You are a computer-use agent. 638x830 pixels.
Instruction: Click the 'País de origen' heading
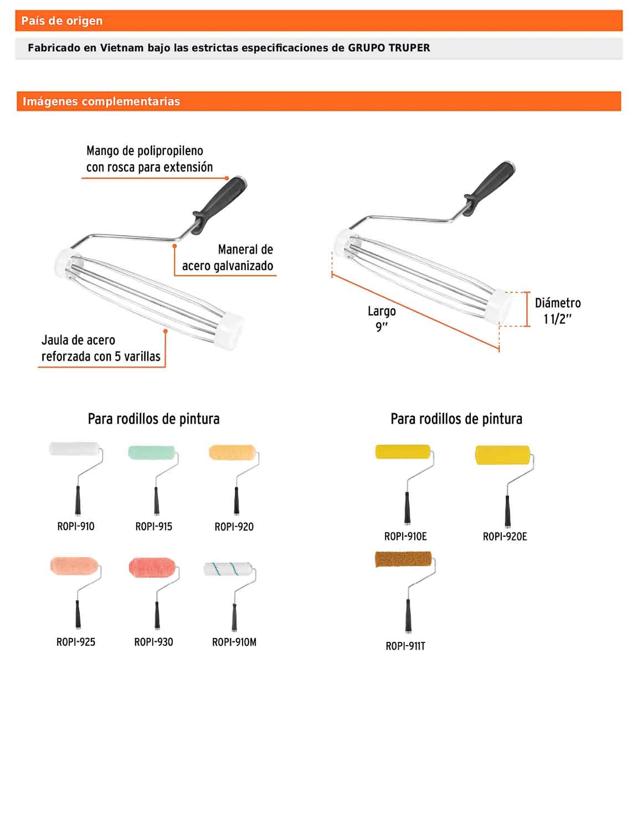[62, 20]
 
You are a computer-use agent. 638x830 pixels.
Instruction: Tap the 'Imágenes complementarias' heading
[101, 101]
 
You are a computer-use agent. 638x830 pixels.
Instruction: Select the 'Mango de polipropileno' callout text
[150, 159]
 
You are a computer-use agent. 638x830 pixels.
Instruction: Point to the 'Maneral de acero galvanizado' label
[228, 257]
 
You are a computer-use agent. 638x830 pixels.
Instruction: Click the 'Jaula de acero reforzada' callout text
[101, 348]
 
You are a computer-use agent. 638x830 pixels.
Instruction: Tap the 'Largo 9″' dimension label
[382, 319]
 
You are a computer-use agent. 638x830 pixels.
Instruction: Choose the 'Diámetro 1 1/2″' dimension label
[558, 310]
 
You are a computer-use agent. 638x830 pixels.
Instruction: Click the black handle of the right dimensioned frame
[489, 188]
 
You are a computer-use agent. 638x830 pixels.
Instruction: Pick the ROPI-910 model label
[76, 526]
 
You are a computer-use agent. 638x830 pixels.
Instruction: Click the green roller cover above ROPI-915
[152, 453]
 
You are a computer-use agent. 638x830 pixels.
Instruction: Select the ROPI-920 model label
[234, 527]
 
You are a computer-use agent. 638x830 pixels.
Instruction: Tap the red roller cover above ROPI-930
[152, 568]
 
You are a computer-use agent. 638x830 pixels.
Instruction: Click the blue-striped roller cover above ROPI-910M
[228, 569]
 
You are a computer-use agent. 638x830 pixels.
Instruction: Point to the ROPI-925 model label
[76, 642]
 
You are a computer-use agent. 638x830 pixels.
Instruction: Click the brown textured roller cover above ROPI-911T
[403, 559]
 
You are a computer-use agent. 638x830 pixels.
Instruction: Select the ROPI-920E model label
[505, 537]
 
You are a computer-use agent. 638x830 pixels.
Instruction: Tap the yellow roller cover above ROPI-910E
[403, 452]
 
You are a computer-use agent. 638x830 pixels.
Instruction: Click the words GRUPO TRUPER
[389, 48]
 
